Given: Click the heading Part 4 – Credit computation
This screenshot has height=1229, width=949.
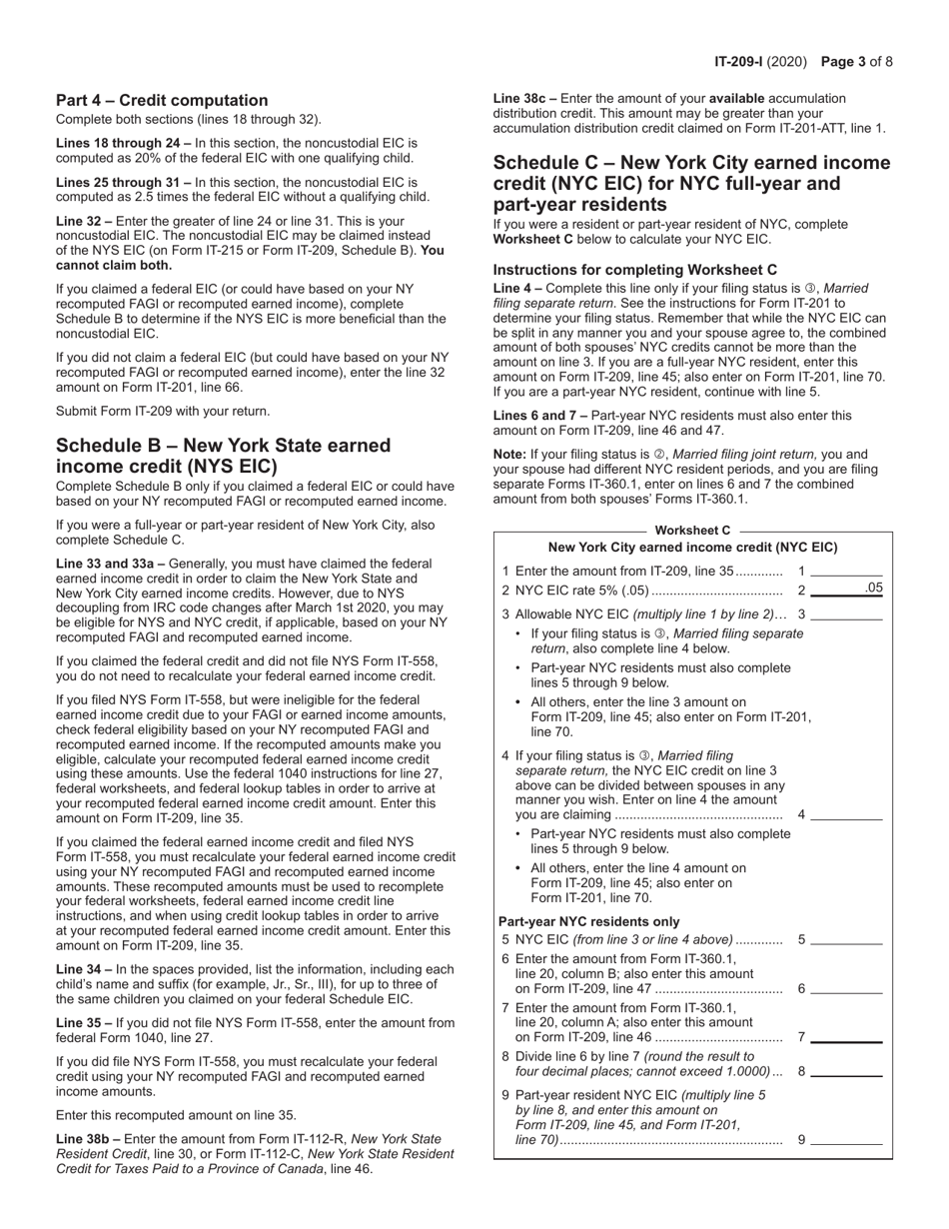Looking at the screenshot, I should point(162,100).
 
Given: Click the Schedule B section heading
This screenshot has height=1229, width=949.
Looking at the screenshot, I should point(223,455).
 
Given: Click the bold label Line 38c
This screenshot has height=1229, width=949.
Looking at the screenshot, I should point(524,99).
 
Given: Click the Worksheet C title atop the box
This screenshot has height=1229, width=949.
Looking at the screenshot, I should point(692,530).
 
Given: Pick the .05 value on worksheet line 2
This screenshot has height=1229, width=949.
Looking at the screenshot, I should point(872,589).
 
